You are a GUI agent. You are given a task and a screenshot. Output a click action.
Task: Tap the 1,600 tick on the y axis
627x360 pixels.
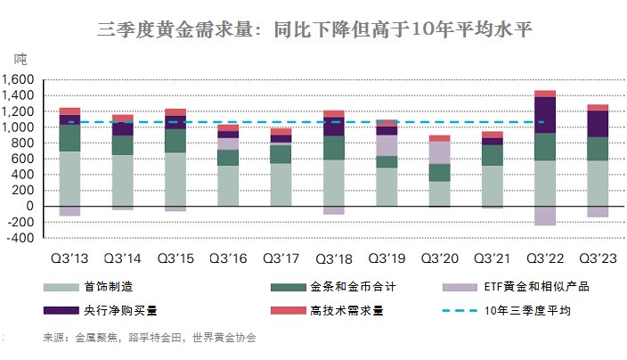(x=19, y=80)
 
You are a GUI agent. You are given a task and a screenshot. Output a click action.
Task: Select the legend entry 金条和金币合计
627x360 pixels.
(x=348, y=287)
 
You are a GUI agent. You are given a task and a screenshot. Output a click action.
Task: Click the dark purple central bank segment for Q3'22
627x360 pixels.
(x=544, y=114)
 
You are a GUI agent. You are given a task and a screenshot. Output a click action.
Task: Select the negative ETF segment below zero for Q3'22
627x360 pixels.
(x=544, y=216)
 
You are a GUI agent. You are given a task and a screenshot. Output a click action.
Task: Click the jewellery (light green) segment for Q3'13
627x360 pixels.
(x=70, y=178)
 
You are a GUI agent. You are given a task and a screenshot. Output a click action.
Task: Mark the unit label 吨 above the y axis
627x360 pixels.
(x=20, y=60)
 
